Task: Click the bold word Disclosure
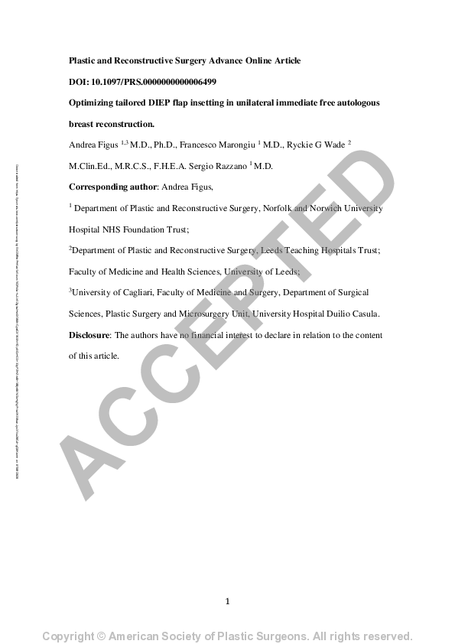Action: click(89, 335)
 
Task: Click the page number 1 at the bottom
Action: click(228, 601)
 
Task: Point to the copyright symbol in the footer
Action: click(101, 636)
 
